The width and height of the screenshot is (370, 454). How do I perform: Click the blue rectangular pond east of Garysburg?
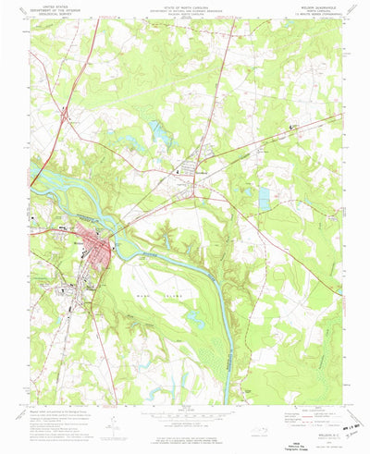[264, 199]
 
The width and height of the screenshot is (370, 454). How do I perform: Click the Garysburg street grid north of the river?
[192, 168]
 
